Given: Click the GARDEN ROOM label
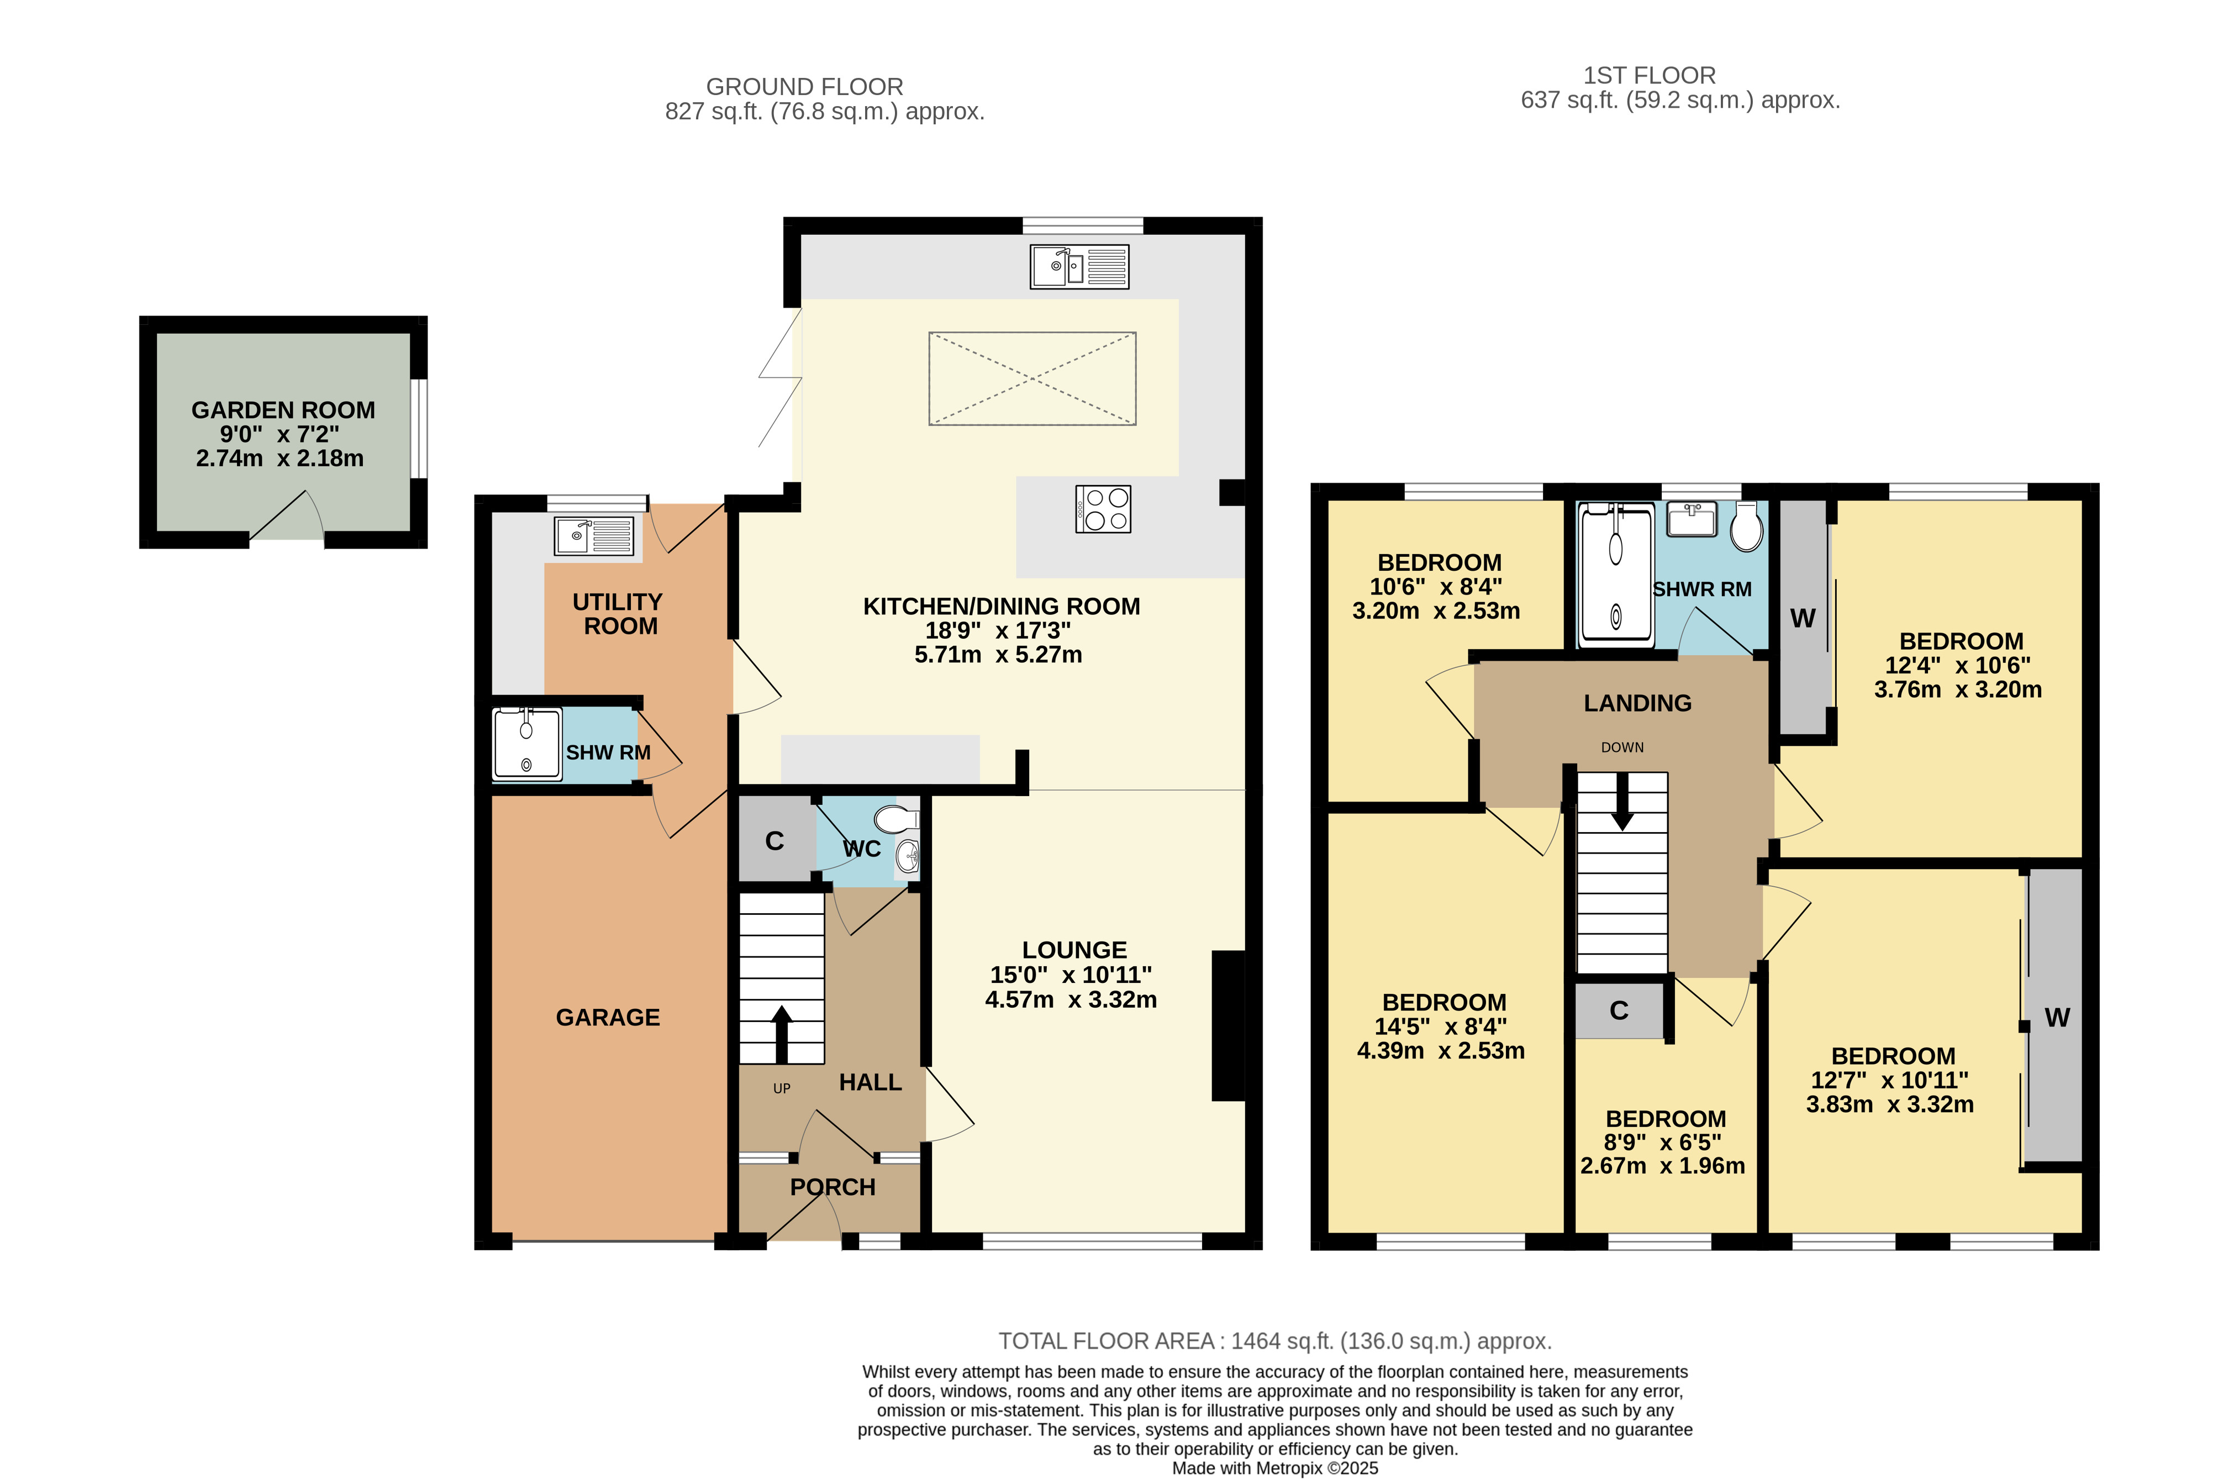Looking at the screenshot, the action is point(283,410).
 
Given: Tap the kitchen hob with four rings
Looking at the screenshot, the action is point(1103,509).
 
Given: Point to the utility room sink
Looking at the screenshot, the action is point(593,536).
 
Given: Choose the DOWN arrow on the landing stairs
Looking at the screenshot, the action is point(1621,802).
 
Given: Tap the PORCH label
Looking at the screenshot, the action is point(833,1187).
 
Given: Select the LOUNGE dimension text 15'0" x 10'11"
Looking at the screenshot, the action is point(1071,975).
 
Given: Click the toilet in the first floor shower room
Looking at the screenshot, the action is point(1747,527).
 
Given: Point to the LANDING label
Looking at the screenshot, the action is point(1637,704).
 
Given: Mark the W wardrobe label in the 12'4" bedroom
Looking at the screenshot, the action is point(1803,619).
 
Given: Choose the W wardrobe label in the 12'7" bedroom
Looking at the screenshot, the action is point(2057,1018).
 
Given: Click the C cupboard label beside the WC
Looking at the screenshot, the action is point(775,841).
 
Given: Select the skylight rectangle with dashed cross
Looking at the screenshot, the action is point(1032,378).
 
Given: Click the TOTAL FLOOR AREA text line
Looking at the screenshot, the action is point(1275,1341).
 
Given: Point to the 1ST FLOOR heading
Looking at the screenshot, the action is point(1650,76).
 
